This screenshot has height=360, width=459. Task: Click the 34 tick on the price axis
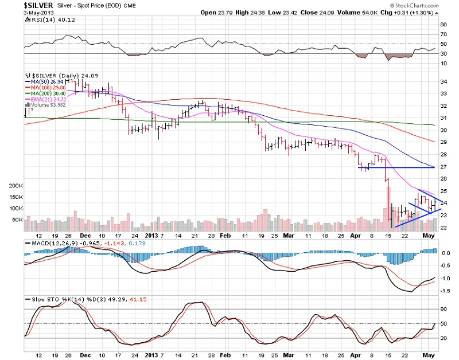443,81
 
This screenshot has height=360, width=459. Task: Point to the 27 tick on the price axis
443,167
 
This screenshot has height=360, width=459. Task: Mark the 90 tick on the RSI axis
443,25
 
